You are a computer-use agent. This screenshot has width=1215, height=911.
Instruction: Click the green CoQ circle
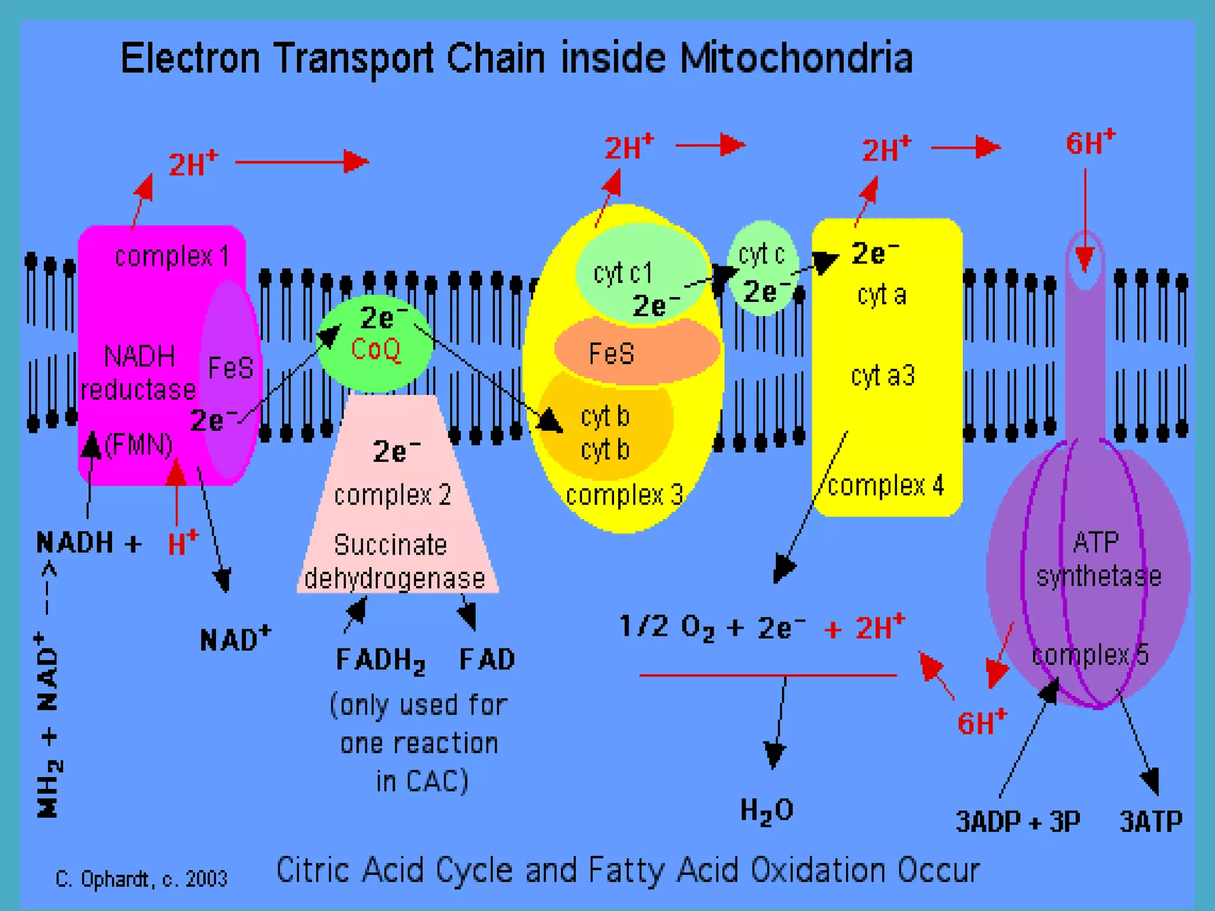click(x=375, y=344)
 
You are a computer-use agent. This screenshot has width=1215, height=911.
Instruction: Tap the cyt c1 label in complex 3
click(x=623, y=273)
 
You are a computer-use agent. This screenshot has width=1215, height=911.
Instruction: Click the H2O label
click(x=766, y=810)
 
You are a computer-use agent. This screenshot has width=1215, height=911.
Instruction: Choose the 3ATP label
click(x=1151, y=822)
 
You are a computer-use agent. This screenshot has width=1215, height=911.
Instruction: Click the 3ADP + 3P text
click(x=1018, y=822)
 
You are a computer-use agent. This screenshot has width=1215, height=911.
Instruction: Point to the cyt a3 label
click(x=883, y=376)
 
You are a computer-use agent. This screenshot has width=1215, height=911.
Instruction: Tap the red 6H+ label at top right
click(x=1090, y=143)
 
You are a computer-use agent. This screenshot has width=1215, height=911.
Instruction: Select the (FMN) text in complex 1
click(x=139, y=445)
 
